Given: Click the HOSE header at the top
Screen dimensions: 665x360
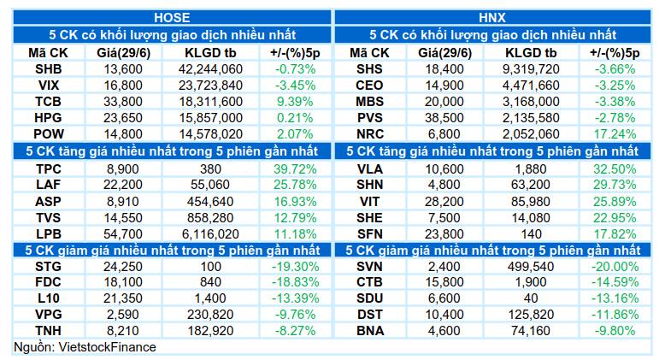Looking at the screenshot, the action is pos(172,18).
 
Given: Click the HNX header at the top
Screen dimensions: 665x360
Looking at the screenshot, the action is pos(492,18).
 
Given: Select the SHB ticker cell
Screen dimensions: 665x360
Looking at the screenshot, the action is pos(49,69).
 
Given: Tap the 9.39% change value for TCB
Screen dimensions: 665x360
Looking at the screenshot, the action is pos(295,102).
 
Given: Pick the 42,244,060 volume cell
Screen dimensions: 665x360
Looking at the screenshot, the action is pos(210,69).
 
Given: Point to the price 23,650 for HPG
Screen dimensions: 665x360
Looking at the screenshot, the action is pos(123,118).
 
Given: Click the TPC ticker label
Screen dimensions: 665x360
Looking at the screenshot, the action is pos(49,169).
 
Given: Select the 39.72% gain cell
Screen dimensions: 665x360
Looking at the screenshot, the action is pos(295,169).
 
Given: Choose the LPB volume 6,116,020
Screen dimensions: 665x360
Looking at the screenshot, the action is pos(210,234).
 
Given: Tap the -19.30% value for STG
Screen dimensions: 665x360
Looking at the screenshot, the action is pos(295,267).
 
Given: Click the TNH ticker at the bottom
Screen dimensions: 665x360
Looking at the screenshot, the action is pos(49,331).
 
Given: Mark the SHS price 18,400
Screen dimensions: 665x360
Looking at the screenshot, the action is pos(444,69).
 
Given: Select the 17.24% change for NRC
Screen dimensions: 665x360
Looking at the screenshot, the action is pos(615,134).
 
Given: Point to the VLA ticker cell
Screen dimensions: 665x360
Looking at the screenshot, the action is pos(370,169).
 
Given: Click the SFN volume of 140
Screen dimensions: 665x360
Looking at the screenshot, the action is pos(531,234).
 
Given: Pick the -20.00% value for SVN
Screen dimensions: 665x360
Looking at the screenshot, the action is pos(615,267).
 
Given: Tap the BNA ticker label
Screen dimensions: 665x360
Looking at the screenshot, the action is pos(370,331).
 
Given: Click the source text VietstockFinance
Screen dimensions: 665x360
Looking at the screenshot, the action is pos(107,347).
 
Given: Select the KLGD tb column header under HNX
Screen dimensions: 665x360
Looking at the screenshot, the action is pos(531,53).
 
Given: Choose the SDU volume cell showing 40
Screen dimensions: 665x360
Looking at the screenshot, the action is pos(531,298).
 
